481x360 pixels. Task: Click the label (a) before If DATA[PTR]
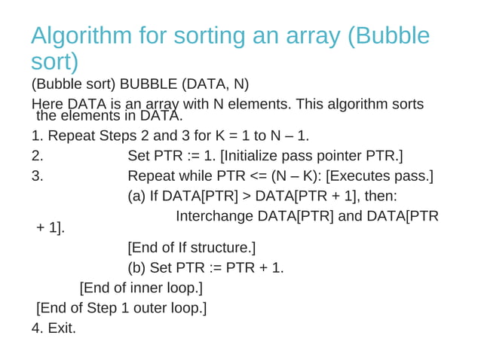(136, 197)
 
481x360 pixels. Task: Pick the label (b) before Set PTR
(136, 268)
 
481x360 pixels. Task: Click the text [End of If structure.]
(191, 248)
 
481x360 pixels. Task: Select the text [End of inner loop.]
(141, 288)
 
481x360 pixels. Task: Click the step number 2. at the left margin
(38, 157)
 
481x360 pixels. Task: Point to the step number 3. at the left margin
(38, 177)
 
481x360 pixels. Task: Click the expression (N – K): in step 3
(292, 177)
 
